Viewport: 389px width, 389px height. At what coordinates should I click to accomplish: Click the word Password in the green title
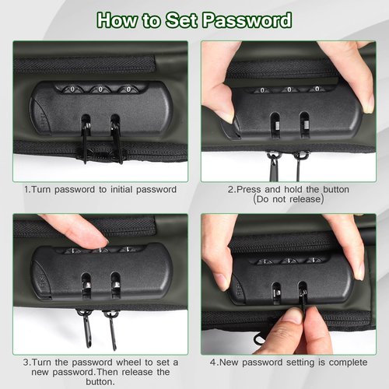pyautogui.click(x=247, y=20)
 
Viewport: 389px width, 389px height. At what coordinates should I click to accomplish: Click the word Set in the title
pyautogui.click(x=182, y=20)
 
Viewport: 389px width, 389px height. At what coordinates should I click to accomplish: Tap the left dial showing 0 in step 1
pyautogui.click(x=72, y=89)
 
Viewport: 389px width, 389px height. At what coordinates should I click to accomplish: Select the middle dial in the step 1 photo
pyautogui.click(x=100, y=89)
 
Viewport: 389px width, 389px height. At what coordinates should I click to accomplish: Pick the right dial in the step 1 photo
pyautogui.click(x=129, y=89)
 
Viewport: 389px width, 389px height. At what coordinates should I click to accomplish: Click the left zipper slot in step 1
pyautogui.click(x=86, y=124)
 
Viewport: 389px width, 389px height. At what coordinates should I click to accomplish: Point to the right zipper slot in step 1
pyautogui.click(x=115, y=124)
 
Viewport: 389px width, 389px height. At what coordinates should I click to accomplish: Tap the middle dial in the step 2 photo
pyautogui.click(x=289, y=89)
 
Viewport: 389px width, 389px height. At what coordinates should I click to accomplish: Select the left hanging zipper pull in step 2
pyautogui.click(x=273, y=166)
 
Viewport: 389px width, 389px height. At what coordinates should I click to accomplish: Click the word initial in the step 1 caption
pyautogui.click(x=121, y=189)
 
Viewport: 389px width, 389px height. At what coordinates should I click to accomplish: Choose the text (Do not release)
pyautogui.click(x=289, y=199)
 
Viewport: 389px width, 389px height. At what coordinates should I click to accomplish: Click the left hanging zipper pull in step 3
pyautogui.click(x=86, y=328)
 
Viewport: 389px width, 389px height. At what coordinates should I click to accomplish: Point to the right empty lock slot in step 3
pyautogui.click(x=116, y=285)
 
